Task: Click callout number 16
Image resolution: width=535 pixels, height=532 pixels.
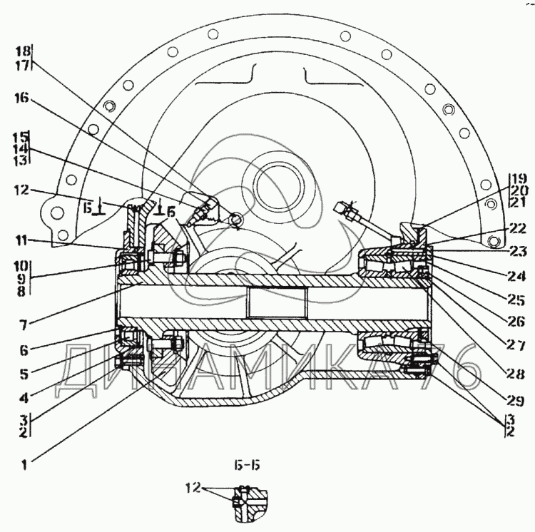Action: click(22, 98)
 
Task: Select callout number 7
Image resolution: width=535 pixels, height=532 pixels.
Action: click(23, 325)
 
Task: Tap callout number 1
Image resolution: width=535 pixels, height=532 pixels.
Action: click(24, 465)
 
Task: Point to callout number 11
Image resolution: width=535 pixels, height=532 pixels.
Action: click(22, 241)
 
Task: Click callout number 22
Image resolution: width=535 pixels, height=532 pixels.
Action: click(517, 228)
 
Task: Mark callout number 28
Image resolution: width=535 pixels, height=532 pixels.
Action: click(516, 374)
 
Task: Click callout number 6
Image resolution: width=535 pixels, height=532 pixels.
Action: click(24, 350)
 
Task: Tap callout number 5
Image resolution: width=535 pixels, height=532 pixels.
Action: click(24, 374)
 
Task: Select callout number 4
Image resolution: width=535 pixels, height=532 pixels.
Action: click(24, 398)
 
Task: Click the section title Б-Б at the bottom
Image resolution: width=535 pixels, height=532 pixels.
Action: click(247, 465)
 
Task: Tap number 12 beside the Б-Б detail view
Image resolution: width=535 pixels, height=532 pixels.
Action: click(193, 488)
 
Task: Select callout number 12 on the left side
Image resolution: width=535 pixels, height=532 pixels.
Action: click(22, 190)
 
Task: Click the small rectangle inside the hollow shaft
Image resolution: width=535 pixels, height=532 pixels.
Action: click(278, 302)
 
